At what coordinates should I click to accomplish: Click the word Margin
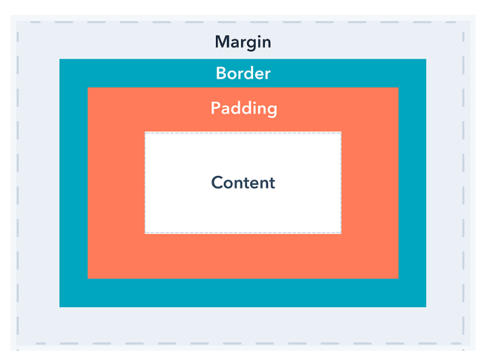pyautogui.click(x=243, y=42)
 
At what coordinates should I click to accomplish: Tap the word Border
pyautogui.click(x=243, y=73)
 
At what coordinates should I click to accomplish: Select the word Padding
pyautogui.click(x=243, y=108)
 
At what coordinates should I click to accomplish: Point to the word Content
pyautogui.click(x=243, y=183)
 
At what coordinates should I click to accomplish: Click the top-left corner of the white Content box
pyautogui.click(x=145, y=132)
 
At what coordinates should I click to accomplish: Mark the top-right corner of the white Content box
pyautogui.click(x=341, y=132)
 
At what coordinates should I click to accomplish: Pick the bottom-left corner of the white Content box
pyautogui.click(x=145, y=233)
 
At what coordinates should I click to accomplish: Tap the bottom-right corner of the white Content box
pyautogui.click(x=341, y=233)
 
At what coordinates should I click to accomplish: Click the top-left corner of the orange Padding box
pyautogui.click(x=88, y=88)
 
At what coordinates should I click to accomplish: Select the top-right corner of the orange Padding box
pyautogui.click(x=398, y=88)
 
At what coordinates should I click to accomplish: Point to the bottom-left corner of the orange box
pyautogui.click(x=88, y=278)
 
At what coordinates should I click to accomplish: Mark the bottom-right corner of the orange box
pyautogui.click(x=398, y=278)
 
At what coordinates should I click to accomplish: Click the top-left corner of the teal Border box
pyautogui.click(x=60, y=59)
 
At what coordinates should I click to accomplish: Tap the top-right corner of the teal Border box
pyautogui.click(x=426, y=59)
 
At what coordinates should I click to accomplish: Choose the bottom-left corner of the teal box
pyautogui.click(x=60, y=307)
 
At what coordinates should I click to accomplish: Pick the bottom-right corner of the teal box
pyautogui.click(x=426, y=307)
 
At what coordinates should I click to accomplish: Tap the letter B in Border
pyautogui.click(x=220, y=73)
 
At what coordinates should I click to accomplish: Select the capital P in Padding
pyautogui.click(x=215, y=108)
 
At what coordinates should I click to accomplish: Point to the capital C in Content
pyautogui.click(x=217, y=183)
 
